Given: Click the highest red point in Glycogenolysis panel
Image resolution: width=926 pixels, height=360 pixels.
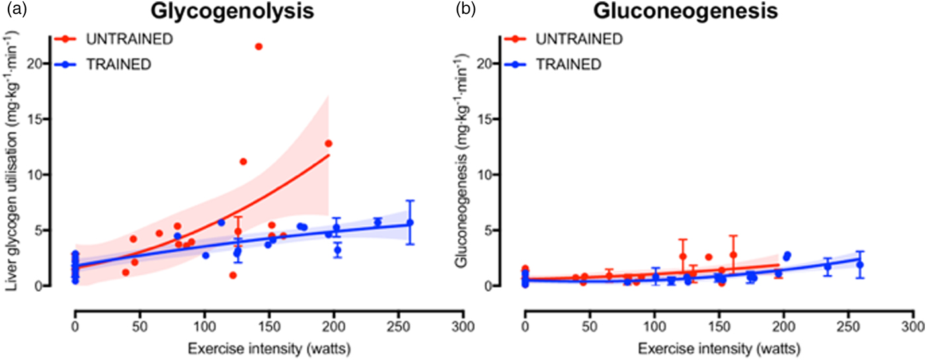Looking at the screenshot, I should [259, 46].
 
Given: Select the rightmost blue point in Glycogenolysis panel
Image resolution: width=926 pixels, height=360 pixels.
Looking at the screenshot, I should [410, 222].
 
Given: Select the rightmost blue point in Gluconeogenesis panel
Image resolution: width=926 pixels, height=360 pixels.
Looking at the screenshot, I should [860, 265].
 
